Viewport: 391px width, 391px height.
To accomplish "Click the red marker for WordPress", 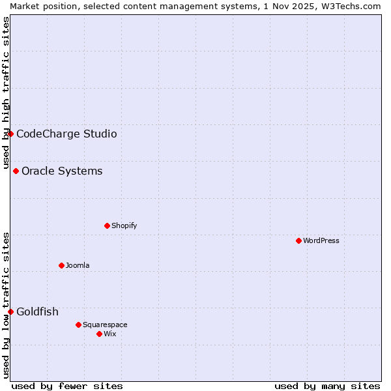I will coord(298,240).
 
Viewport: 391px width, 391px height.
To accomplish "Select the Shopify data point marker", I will coord(107,225).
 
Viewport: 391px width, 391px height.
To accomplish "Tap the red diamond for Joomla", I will coord(61,265).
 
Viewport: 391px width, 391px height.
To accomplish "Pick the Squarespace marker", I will coord(78,325).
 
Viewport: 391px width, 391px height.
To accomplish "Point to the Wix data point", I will coord(99,334).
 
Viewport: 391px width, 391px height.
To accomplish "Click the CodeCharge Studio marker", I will coord(10,134).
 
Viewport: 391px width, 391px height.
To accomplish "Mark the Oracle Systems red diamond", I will coord(16,171).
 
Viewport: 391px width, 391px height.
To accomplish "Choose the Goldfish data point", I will coord(10,311).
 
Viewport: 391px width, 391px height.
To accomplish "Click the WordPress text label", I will coord(321,240).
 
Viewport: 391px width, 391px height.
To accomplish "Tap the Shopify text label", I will coord(124,225).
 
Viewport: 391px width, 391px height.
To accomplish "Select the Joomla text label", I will coord(78,265).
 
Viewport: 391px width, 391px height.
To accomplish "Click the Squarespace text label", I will coord(105,325).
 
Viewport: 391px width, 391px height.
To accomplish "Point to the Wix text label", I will coord(109,334).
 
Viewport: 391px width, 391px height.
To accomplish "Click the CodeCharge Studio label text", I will coord(66,134).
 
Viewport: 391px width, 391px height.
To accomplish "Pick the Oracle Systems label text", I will coord(62,171).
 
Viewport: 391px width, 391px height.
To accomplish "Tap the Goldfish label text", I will coord(37,311).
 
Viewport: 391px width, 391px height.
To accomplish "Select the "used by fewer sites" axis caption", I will coord(67,386).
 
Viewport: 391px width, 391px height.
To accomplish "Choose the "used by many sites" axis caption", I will coord(327,386).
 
